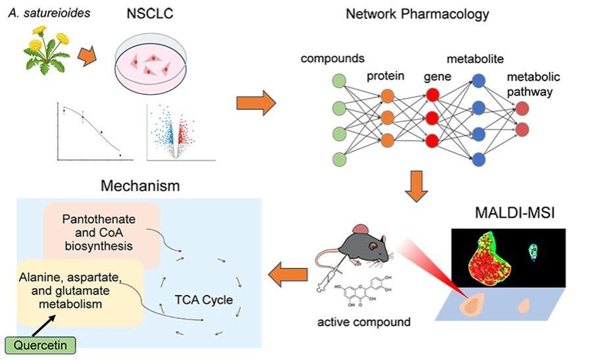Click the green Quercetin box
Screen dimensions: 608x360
point(40,345)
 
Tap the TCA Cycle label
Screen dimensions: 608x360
point(203,299)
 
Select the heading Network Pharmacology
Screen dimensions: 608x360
point(417,14)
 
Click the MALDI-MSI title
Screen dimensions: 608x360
point(515,213)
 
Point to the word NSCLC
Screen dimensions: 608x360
point(149,14)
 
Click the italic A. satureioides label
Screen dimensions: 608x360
point(49,13)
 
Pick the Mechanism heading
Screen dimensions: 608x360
point(140,186)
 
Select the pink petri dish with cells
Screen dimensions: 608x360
point(151,63)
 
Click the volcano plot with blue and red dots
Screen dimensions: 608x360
point(181,132)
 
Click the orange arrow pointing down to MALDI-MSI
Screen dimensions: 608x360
point(417,186)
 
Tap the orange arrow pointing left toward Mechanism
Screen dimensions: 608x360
point(288,274)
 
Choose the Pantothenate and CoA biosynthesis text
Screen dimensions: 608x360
point(99,232)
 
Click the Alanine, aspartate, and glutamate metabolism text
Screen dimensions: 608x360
point(70,290)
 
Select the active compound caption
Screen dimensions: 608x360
point(364,322)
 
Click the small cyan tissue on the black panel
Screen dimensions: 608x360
point(534,252)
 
